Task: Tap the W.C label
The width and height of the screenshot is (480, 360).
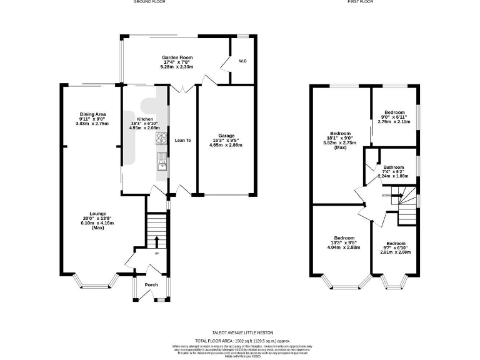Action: (x=242, y=61)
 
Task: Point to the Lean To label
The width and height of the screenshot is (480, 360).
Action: (x=182, y=141)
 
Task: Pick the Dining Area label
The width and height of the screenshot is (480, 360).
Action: (x=92, y=114)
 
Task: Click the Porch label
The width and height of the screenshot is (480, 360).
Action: (x=151, y=286)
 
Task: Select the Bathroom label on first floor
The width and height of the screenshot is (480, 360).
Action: (x=394, y=167)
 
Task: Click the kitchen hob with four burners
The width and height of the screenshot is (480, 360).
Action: (x=161, y=139)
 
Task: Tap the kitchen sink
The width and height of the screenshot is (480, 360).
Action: (x=161, y=164)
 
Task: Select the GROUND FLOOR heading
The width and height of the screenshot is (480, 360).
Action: (x=149, y=2)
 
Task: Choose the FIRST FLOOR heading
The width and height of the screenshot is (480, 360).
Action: (x=360, y=2)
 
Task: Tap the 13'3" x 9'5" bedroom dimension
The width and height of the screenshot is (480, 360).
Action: (x=344, y=243)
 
